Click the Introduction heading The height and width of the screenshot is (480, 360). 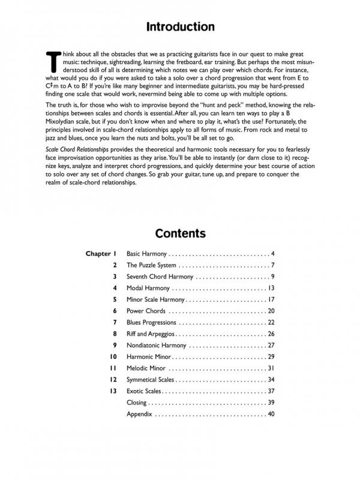(x=180, y=27)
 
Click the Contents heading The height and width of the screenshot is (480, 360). (x=180, y=233)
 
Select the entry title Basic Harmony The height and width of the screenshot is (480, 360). (x=146, y=254)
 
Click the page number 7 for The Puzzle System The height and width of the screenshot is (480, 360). (x=272, y=265)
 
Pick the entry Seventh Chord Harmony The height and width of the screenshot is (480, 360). (x=160, y=277)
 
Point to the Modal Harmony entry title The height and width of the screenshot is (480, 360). (x=148, y=288)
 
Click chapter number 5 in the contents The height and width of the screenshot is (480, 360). (x=114, y=299)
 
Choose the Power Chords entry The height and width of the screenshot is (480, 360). (x=146, y=311)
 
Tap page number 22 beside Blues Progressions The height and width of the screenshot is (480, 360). (x=271, y=322)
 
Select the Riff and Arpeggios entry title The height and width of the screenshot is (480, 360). (x=151, y=334)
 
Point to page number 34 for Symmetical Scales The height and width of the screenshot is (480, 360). (x=271, y=379)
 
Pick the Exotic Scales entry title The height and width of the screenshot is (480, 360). (x=144, y=391)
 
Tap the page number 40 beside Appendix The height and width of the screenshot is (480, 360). (x=271, y=413)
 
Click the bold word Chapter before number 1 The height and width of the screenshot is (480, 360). (x=98, y=254)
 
